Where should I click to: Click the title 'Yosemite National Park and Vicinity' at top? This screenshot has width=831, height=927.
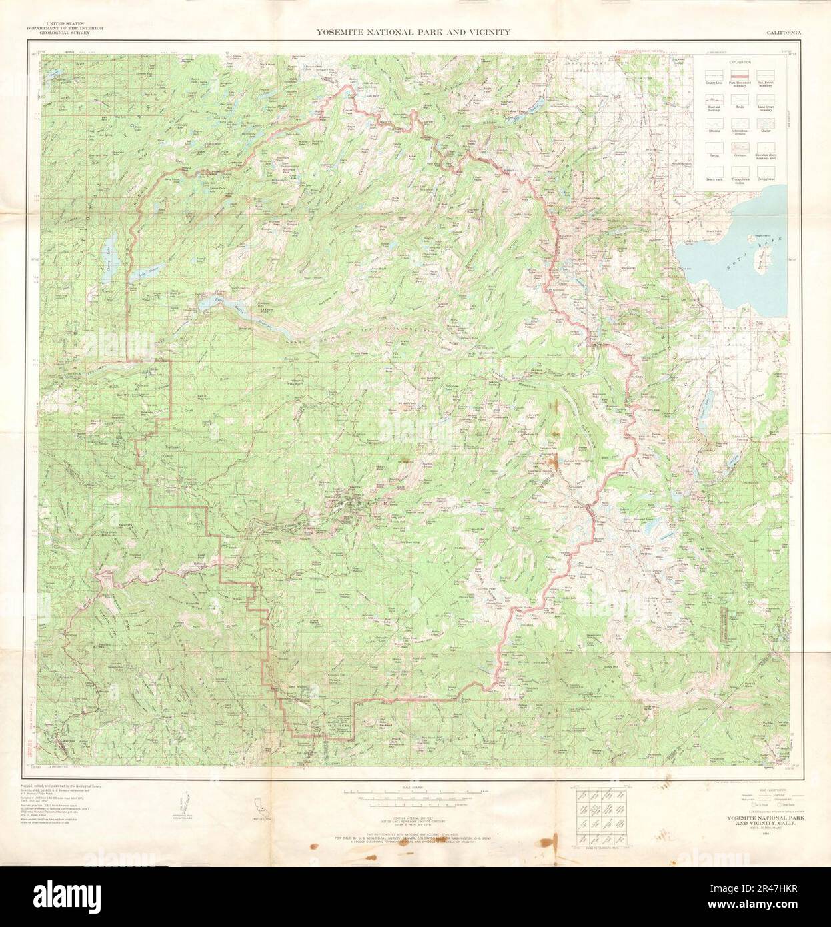click(x=413, y=31)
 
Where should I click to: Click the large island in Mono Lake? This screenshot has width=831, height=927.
click(x=759, y=260)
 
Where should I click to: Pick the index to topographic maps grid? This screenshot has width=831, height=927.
click(x=599, y=819)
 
